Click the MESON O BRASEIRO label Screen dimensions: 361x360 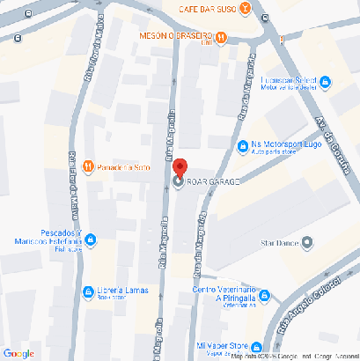click(x=176, y=36)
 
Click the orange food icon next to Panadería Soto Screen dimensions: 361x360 click(x=87, y=166)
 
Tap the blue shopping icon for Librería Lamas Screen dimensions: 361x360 click(x=87, y=291)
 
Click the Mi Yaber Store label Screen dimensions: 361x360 click(x=222, y=345)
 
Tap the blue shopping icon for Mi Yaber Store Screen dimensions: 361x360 click(x=257, y=346)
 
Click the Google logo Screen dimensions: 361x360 click(x=18, y=352)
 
